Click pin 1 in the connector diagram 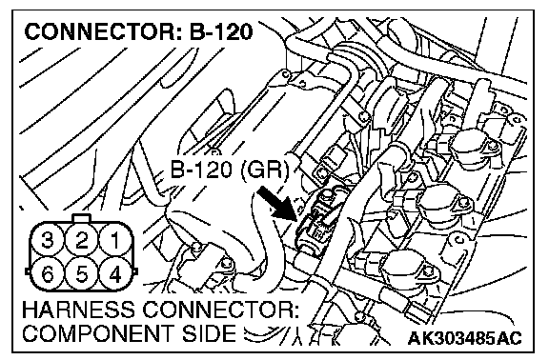[115, 241]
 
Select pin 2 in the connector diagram [81, 241]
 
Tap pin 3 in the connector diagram [48, 241]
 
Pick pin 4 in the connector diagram [115, 274]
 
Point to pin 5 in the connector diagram [81, 274]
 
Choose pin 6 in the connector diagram [48, 274]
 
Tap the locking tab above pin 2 [81, 218]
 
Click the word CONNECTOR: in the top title [104, 31]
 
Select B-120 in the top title [221, 31]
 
